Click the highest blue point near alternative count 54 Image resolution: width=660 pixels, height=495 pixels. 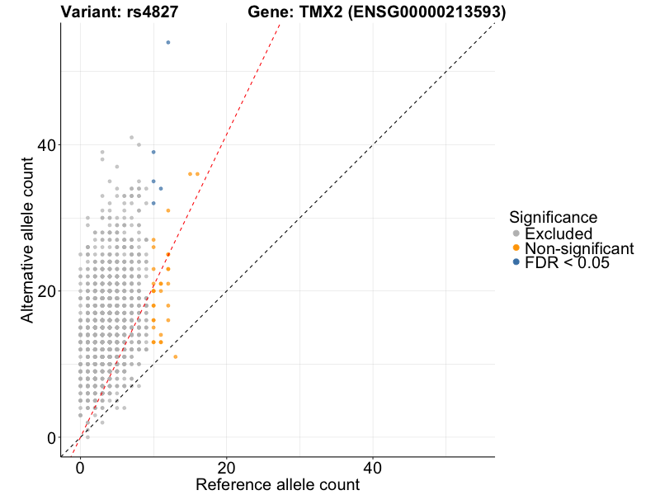[168, 42]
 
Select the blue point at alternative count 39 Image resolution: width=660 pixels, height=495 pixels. [153, 152]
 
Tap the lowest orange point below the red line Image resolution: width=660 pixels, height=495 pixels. [176, 356]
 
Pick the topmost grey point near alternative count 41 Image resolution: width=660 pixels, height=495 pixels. [131, 138]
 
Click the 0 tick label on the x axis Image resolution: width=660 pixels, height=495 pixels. [80, 467]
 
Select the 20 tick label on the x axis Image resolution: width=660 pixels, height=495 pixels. [226, 467]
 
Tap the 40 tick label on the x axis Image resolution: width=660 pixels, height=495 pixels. [373, 467]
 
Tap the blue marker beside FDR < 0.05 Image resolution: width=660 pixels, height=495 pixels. [516, 262]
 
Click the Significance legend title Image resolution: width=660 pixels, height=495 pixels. [553, 217]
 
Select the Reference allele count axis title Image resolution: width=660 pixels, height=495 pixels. [277, 485]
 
